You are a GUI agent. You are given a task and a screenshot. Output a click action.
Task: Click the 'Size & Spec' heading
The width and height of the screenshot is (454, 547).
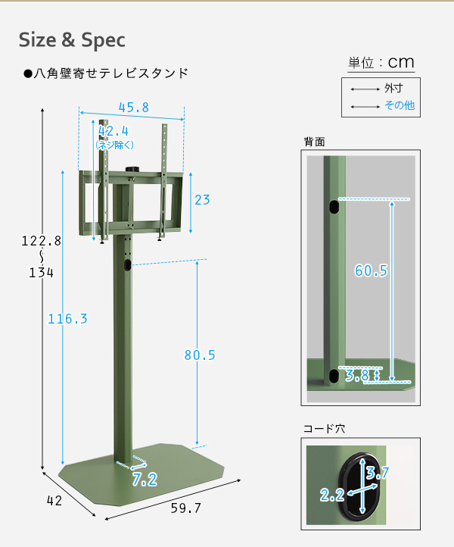pyautogui.click(x=72, y=39)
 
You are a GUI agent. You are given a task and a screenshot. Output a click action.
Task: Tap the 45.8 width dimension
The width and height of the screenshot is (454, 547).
pyautogui.click(x=134, y=107)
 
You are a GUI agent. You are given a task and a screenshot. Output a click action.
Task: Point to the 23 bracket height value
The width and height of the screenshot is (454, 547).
pyautogui.click(x=202, y=200)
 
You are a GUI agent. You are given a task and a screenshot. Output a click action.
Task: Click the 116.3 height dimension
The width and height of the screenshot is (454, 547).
pyautogui.click(x=67, y=319)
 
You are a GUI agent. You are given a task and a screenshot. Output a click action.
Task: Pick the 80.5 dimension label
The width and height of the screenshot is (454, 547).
pyautogui.click(x=200, y=355)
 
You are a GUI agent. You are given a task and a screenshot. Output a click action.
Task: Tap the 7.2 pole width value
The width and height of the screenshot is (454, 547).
pyautogui.click(x=145, y=480)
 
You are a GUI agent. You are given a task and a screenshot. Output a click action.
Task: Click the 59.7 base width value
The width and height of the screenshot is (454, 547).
pyautogui.click(x=186, y=508)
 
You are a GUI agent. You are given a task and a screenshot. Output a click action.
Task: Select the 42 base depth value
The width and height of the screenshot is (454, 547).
pyautogui.click(x=54, y=501)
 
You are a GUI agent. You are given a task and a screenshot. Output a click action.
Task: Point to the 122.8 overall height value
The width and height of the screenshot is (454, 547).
pyautogui.click(x=41, y=241)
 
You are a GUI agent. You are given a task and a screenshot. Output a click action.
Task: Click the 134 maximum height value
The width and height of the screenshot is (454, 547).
pyautogui.click(x=41, y=273)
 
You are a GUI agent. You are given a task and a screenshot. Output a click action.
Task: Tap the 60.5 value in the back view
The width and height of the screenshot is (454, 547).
pyautogui.click(x=371, y=270)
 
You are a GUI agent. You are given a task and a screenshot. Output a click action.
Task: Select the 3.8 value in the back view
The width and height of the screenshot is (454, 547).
pyautogui.click(x=357, y=375)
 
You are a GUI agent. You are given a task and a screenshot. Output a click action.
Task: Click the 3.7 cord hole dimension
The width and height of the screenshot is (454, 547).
pyautogui.click(x=378, y=473)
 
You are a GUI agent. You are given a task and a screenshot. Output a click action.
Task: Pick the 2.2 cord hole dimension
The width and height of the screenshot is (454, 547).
pyautogui.click(x=332, y=495)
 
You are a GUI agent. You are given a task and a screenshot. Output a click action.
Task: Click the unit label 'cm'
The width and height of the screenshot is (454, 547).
pyautogui.click(x=401, y=62)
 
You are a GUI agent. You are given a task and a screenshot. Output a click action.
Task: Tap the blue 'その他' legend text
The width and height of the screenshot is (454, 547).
pyautogui.click(x=400, y=105)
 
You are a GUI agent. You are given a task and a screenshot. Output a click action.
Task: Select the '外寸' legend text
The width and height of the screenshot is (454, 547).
pyautogui.click(x=393, y=88)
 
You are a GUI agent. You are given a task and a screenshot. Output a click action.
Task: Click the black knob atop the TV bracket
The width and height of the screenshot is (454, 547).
pyautogui.click(x=132, y=169)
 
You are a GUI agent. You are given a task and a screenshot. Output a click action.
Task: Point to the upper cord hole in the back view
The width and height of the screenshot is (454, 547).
pyautogui.click(x=334, y=207)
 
